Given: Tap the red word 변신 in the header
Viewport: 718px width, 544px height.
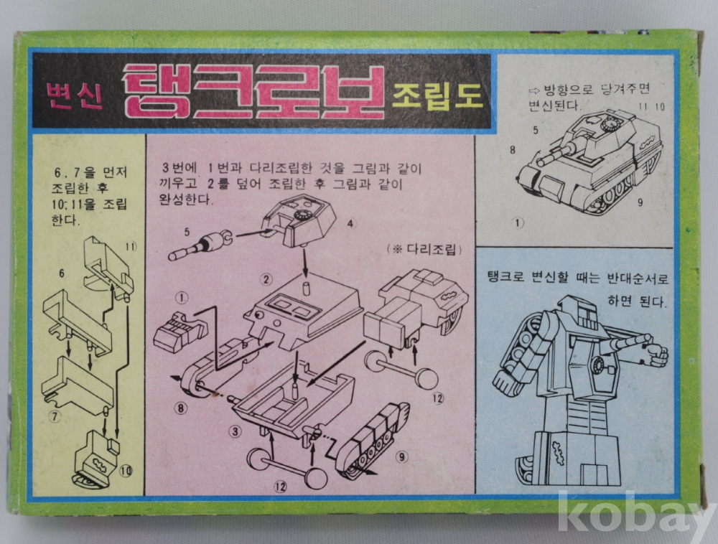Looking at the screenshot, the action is coord(75,95).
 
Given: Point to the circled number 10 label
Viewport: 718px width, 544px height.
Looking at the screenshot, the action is coord(126,470).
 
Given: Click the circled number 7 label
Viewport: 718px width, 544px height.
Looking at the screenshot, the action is coord(55,416).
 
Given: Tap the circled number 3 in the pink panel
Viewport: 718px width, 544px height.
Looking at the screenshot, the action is coord(236,431).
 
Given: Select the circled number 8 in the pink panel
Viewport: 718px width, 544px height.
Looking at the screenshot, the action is coord(181,407).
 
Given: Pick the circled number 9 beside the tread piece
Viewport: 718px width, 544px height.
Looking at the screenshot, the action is coord(401,456).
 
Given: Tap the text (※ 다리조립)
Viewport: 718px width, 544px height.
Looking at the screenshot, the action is coord(424,249).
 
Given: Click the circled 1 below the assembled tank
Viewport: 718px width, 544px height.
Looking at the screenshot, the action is coord(518,222).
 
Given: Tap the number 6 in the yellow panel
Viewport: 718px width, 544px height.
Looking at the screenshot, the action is coord(61,273).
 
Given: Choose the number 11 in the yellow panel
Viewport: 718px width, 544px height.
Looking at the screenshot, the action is coord(131,247).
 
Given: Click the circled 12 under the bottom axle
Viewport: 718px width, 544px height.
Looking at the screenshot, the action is coord(280,486).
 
